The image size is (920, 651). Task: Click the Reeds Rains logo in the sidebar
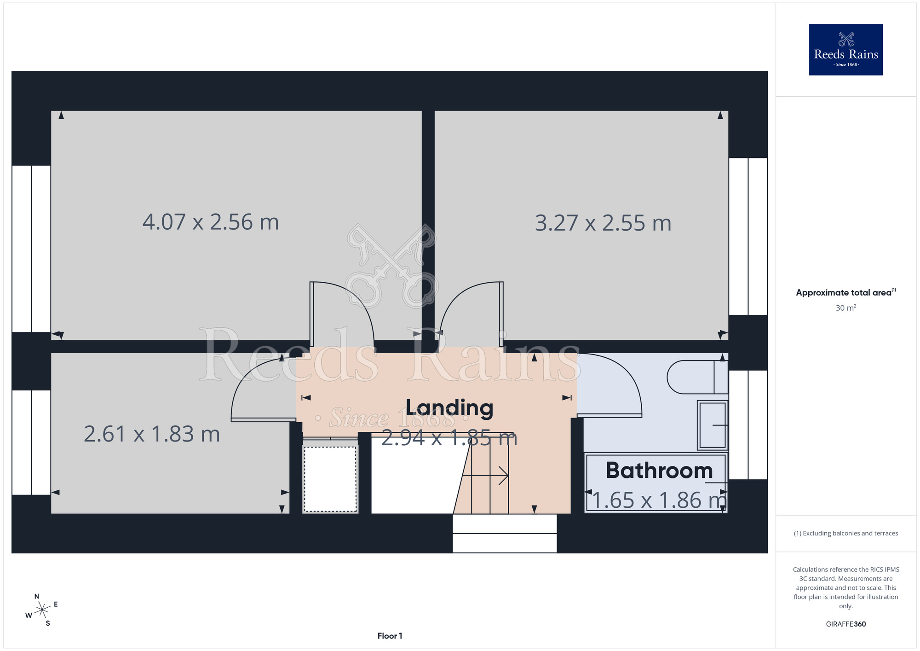[845, 50]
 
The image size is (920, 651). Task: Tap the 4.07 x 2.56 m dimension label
[211, 222]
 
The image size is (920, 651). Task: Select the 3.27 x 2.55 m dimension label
[603, 223]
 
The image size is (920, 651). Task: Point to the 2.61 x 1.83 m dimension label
[152, 434]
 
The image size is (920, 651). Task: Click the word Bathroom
[659, 470]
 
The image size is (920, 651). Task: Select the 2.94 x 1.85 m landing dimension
[449, 438]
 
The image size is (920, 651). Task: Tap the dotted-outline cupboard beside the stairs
[330, 479]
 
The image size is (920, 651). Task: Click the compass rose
[42, 610]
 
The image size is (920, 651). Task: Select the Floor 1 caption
[390, 636]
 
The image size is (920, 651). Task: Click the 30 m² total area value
[845, 308]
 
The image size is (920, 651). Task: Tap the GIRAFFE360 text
[845, 624]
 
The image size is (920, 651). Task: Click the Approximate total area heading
[845, 292]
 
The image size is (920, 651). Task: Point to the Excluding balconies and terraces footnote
[845, 533]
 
